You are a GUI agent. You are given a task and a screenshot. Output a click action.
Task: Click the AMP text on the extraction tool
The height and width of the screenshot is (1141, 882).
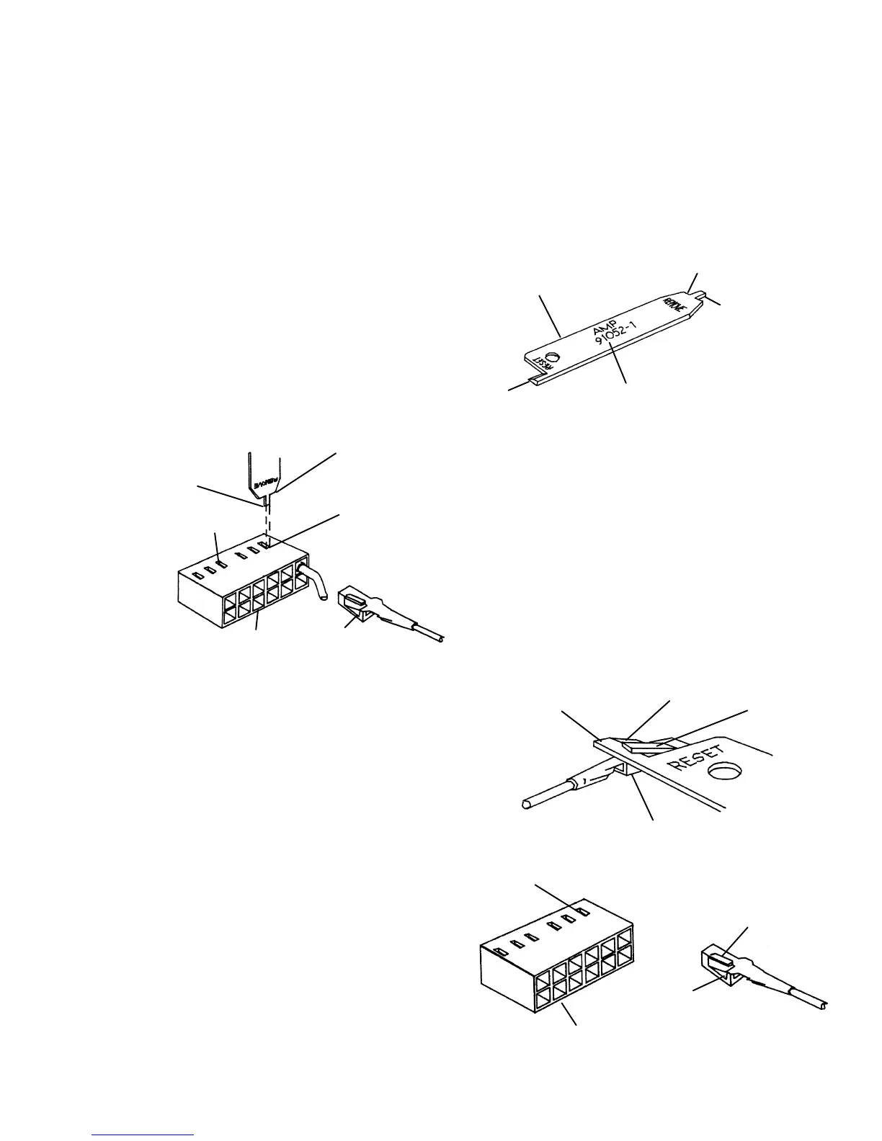coord(602,328)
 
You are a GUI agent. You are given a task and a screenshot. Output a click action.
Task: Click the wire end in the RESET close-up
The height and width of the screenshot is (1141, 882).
coord(525,802)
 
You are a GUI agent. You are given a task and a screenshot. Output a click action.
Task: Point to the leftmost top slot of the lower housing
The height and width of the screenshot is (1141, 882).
coord(501,951)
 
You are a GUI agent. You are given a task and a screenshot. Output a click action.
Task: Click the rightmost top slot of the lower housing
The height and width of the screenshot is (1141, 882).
coord(583,912)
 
